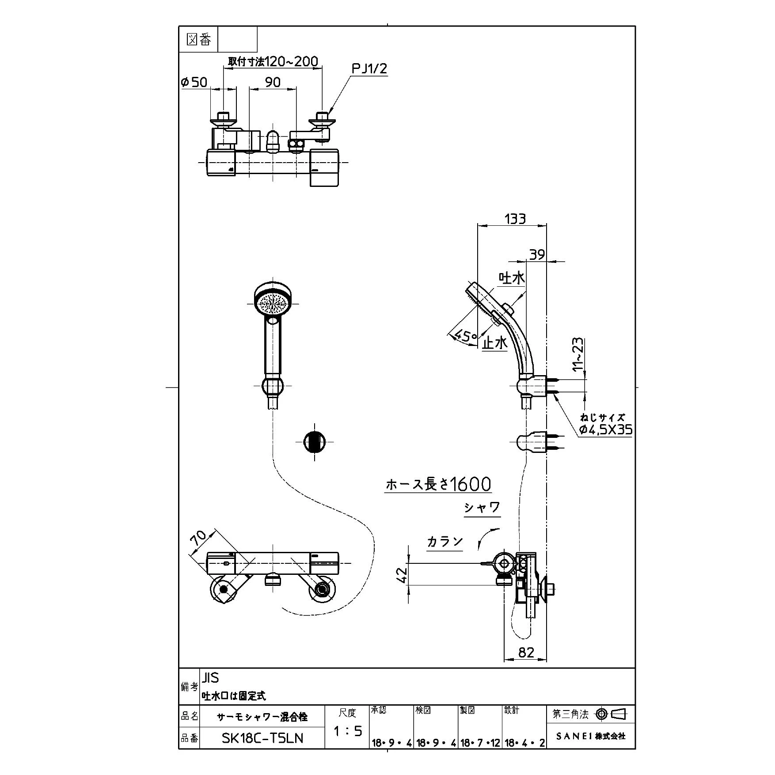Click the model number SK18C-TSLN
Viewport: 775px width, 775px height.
(262, 738)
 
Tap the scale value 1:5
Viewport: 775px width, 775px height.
(347, 731)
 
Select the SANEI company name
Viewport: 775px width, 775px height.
(591, 736)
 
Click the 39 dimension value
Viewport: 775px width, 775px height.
(537, 255)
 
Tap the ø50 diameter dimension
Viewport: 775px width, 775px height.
(194, 82)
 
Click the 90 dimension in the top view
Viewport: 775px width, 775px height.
(273, 82)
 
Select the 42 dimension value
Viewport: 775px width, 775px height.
(401, 574)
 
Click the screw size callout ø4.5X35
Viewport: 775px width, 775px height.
(606, 429)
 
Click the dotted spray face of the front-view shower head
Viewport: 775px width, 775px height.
(273, 303)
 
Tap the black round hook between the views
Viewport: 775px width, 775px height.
(315, 441)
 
